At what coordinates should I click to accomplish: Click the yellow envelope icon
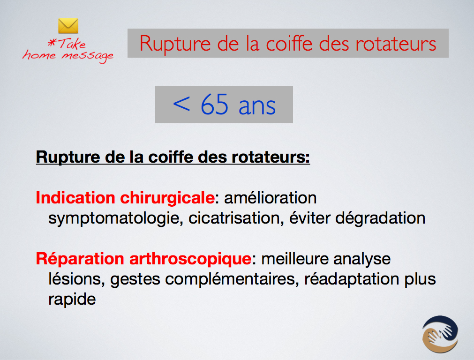pyautogui.click(x=68, y=26)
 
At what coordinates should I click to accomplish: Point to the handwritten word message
pyautogui.click(x=88, y=56)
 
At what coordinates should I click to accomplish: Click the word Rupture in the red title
pyautogui.click(x=175, y=43)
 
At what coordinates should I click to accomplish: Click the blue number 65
pyautogui.click(x=214, y=104)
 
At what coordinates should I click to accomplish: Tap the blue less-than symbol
pyautogui.click(x=181, y=104)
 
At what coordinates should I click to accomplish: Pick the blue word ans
pyautogui.click(x=257, y=106)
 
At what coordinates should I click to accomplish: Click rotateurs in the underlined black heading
pyautogui.click(x=271, y=157)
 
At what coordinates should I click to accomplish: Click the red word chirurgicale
pyautogui.click(x=167, y=198)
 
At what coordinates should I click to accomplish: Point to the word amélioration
pyautogui.click(x=270, y=198)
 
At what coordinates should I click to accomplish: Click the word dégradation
pyautogui.click(x=380, y=218)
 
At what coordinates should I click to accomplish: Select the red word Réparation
pyautogui.click(x=80, y=259)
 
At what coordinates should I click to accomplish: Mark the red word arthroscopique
pyautogui.click(x=190, y=259)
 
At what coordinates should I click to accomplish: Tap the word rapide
pyautogui.click(x=72, y=299)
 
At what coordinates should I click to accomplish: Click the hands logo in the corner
pyautogui.click(x=440, y=334)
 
